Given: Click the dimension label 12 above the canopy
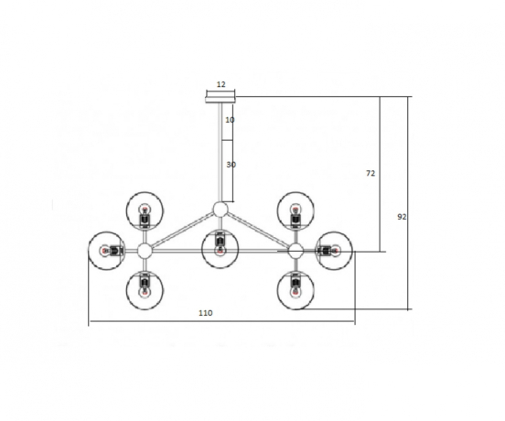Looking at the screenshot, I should click(x=220, y=83).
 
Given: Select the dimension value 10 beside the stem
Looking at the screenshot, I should click(x=229, y=120).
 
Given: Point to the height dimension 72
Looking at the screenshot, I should click(x=371, y=172).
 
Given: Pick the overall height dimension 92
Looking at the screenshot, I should click(x=402, y=217).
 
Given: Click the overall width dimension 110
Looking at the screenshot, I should click(x=205, y=313).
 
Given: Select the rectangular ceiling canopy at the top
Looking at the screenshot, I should click(x=220, y=93).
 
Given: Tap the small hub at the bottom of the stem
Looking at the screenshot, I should click(x=220, y=209).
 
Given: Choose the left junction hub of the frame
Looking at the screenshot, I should click(x=145, y=250).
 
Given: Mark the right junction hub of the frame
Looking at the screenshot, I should click(x=295, y=250).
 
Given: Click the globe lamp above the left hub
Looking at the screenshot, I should click(x=145, y=211).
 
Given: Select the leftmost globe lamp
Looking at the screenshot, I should click(x=106, y=250).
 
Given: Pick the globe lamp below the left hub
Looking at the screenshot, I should click(x=145, y=289).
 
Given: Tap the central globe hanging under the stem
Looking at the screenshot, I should click(x=220, y=248).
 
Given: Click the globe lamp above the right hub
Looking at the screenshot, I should click(x=295, y=211).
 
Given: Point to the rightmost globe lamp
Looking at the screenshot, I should click(x=333, y=250).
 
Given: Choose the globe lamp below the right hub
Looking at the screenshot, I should click(x=295, y=289).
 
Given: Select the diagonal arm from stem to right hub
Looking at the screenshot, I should click(x=258, y=230).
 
